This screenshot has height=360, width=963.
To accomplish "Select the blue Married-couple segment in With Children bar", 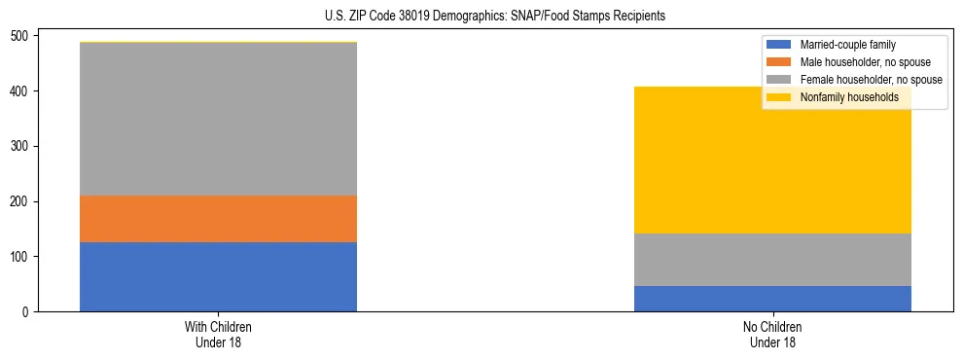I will pos(218,276).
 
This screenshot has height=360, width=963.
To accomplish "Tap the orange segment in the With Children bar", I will pos(218,219).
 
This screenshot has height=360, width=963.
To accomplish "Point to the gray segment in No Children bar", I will pos(772,260).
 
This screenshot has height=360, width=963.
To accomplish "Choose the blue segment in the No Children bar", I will pos(772,299).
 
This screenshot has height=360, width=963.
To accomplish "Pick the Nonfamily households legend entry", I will pos(849,97).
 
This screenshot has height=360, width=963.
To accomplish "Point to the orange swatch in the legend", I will pos(780,62).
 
